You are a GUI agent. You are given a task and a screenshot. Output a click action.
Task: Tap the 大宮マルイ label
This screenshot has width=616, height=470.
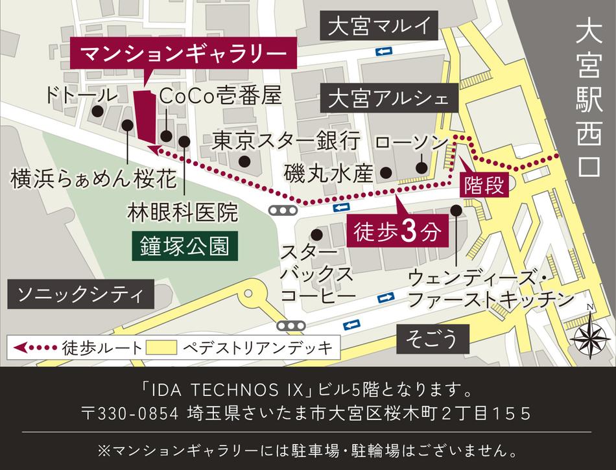click(x=379, y=27)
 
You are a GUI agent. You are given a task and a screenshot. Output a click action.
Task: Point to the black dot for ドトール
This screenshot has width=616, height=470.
click(x=97, y=111)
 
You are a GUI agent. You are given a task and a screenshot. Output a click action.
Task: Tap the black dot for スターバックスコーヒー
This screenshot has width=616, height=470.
click(x=316, y=234)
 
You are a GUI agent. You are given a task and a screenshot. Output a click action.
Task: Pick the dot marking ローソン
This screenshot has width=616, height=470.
click(x=421, y=169)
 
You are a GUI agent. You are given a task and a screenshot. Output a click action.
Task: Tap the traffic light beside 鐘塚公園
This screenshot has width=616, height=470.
click(x=283, y=211)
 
